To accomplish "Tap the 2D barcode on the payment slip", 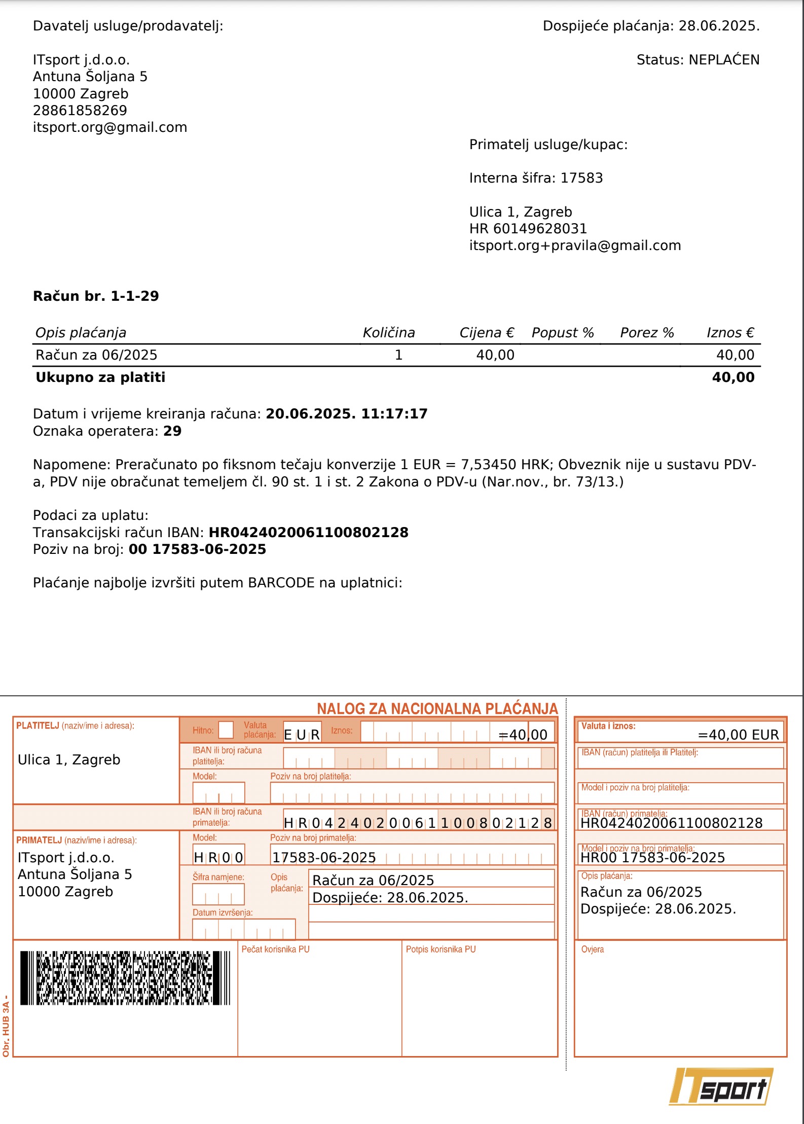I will (x=125, y=978).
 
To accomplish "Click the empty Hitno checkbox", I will (x=226, y=730).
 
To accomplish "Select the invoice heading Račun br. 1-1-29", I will (x=96, y=296).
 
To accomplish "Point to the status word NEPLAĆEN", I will (x=724, y=60).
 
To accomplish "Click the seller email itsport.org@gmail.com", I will (x=110, y=127).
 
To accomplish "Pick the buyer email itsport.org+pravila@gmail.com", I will (x=575, y=245).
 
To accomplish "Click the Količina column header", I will (x=388, y=333).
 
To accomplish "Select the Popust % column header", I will (x=562, y=333).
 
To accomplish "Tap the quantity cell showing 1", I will (x=398, y=355).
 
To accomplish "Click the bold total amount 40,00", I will (x=733, y=377).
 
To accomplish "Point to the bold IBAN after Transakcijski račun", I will (x=308, y=533).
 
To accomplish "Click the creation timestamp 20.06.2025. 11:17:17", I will (x=347, y=414).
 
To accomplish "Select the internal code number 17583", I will (x=581, y=178).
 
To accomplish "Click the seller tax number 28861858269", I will (x=80, y=111).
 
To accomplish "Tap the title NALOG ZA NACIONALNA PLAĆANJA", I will (x=437, y=709).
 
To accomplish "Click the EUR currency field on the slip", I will (x=302, y=734).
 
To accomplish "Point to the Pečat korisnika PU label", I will (x=275, y=949).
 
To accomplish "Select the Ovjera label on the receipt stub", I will (x=592, y=949).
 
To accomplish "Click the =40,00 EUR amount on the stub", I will (x=738, y=734).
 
